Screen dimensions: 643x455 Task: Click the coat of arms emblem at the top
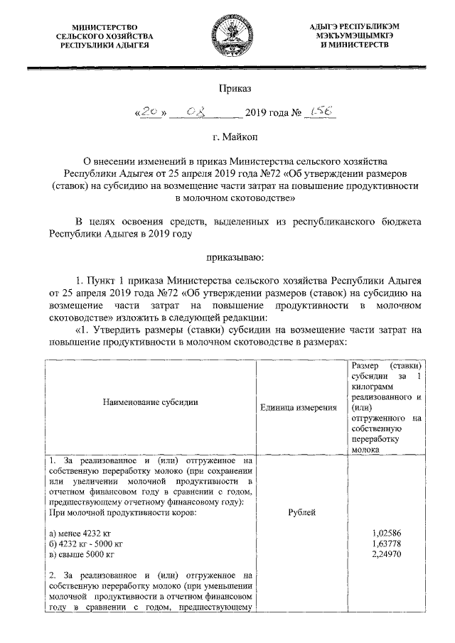coord(227,35)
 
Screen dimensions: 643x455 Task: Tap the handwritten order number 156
coord(318,112)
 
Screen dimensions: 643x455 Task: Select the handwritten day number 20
coord(148,112)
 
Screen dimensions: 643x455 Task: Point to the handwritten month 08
coord(193,112)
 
